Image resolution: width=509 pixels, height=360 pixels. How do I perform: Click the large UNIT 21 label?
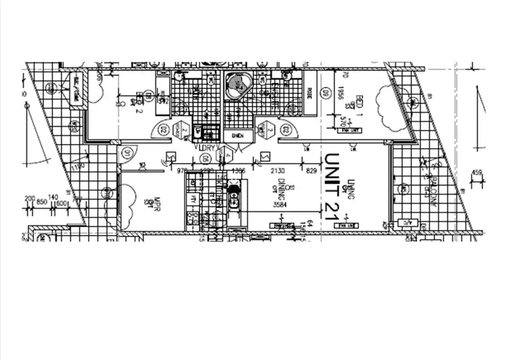tap(331, 190)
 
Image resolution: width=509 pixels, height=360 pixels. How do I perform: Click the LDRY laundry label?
tap(206, 147)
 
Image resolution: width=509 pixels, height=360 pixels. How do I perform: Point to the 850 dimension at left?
tap(41, 202)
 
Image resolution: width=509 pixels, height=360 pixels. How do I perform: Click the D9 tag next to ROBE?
tap(325, 93)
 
